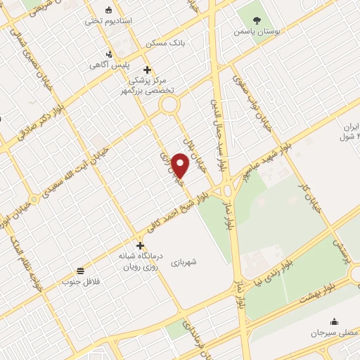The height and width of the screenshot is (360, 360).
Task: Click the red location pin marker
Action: [181, 166]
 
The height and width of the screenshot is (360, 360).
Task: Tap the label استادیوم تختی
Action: [103, 21]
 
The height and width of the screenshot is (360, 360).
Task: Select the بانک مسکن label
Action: [165, 44]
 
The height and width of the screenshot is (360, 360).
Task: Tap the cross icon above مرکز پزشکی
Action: [146, 69]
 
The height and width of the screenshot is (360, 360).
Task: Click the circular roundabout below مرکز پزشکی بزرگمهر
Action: [169, 106]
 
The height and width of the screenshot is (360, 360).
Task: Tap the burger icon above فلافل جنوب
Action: [82, 271]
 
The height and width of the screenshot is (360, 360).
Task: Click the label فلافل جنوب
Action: [77, 282]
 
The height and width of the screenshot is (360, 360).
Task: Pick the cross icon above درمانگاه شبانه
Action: [141, 245]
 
